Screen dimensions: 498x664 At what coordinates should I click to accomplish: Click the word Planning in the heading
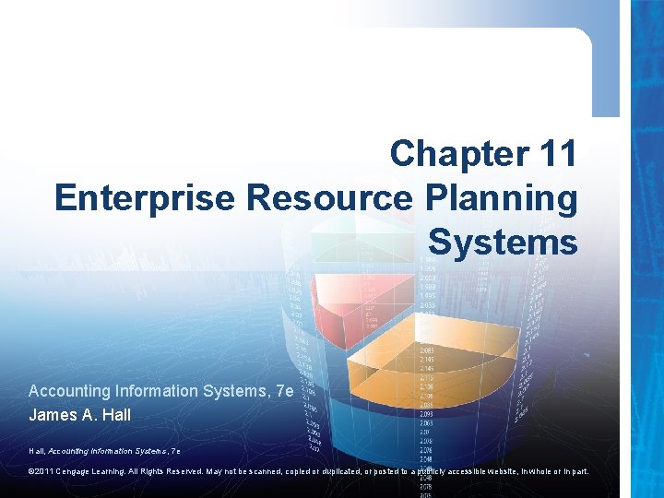click(502, 197)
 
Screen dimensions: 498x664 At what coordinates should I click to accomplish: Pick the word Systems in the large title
click(503, 242)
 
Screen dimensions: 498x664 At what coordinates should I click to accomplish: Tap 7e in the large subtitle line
click(284, 391)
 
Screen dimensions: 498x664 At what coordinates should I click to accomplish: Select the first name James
click(53, 415)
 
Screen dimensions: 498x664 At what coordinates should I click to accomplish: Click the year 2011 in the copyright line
click(48, 472)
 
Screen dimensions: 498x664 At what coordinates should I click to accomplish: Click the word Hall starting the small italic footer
click(37, 451)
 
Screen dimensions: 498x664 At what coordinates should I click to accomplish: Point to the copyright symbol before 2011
click(32, 472)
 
